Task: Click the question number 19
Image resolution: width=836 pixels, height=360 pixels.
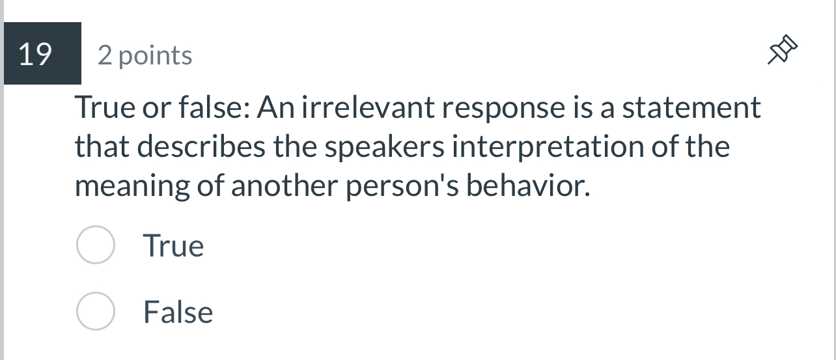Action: [x=36, y=55]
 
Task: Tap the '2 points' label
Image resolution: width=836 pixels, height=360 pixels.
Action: [x=145, y=56]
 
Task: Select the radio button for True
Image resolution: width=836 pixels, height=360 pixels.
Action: [x=96, y=245]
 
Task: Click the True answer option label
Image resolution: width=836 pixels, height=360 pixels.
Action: [x=173, y=246]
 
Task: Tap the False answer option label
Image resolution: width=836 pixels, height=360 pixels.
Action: [x=178, y=312]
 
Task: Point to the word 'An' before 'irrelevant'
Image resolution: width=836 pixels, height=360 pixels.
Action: [x=273, y=107]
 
